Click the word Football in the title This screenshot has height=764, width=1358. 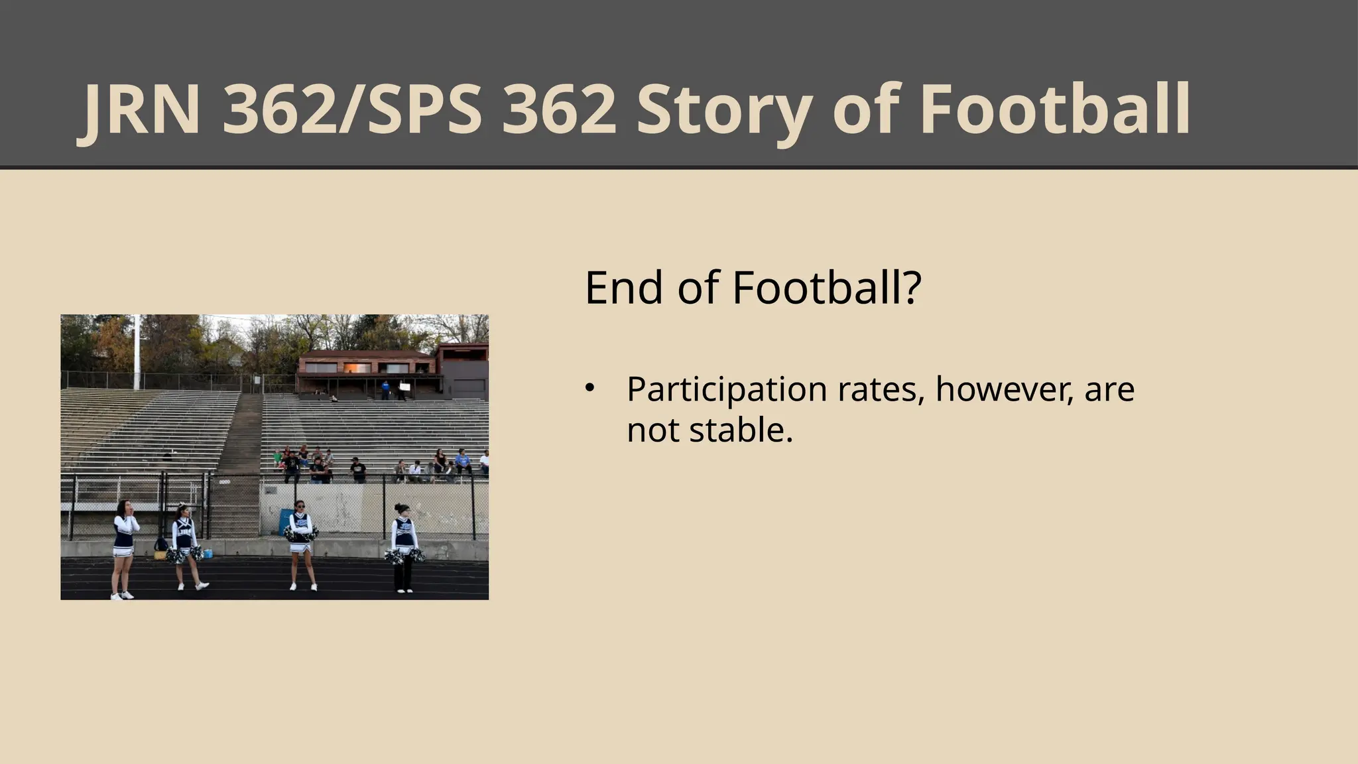[1054, 109]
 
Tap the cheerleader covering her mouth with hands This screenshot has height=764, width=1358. [125, 547]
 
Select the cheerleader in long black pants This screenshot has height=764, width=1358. [403, 547]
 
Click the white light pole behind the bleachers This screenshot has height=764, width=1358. [137, 351]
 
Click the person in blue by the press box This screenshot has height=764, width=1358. [385, 389]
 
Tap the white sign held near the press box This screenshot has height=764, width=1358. [403, 387]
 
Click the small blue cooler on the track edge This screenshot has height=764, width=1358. [208, 554]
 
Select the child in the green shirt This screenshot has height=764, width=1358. [277, 458]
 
